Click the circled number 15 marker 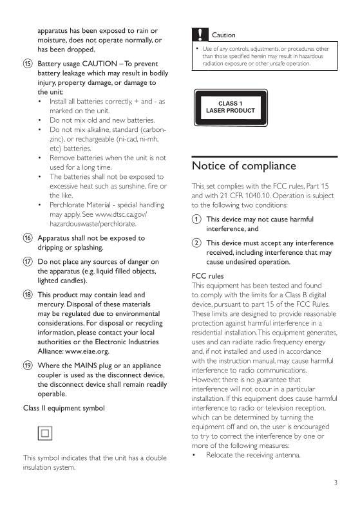click(28, 64)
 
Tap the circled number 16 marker click(28, 238)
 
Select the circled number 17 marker click(28, 262)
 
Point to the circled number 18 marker click(28, 294)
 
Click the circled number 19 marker click(28, 366)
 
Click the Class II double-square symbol click(44, 433)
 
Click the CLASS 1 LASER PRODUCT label click(230, 107)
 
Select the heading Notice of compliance click(244, 166)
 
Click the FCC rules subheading click(208, 275)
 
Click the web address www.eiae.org click(87, 352)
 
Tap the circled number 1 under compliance click(196, 219)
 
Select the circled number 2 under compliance click(196, 243)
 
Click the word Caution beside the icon click(223, 35)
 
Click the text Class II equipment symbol click(64, 408)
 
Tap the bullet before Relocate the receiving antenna click(194, 455)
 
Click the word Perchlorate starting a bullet click(68, 205)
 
